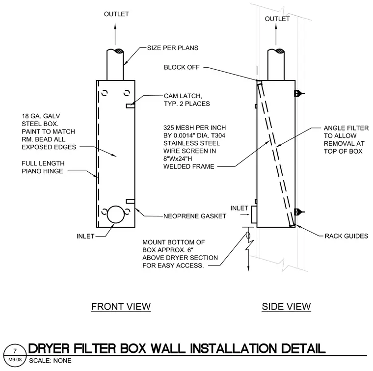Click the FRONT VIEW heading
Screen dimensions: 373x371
click(x=121, y=306)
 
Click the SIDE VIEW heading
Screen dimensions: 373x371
click(x=286, y=306)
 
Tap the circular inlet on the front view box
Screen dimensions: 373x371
click(x=116, y=214)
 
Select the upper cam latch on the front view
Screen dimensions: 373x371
click(x=131, y=106)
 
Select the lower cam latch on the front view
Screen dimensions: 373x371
click(x=131, y=201)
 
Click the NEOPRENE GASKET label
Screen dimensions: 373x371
click(x=194, y=216)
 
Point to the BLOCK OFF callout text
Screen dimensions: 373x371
click(x=182, y=67)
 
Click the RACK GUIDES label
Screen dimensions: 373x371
click(x=346, y=236)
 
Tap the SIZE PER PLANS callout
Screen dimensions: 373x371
click(x=173, y=48)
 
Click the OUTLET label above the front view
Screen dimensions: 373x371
click(x=116, y=14)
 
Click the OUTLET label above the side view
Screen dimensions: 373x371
click(x=277, y=19)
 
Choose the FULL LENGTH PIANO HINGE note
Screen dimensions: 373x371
click(x=43, y=167)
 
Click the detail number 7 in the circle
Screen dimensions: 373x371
click(x=15, y=351)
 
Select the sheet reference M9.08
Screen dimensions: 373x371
click(x=15, y=359)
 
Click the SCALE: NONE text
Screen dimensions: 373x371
click(x=50, y=361)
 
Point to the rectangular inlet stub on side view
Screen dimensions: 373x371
click(x=254, y=214)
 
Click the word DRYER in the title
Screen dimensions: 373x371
click(x=49, y=348)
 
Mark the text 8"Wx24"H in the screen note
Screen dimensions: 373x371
click(x=178, y=159)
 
